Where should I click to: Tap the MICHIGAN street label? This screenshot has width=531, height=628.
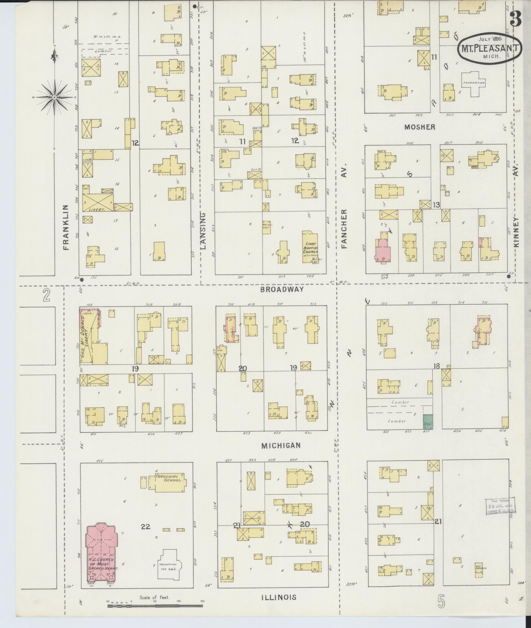tap(281, 446)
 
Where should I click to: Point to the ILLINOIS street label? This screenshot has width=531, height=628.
tap(279, 597)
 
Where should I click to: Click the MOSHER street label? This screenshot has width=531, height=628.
tap(420, 127)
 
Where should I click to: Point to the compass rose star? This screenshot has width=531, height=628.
tap(55, 97)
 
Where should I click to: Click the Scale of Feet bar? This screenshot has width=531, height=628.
tap(155, 606)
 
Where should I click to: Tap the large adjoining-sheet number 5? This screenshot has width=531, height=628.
tap(441, 601)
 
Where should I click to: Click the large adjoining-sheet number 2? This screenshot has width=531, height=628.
tap(46, 296)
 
